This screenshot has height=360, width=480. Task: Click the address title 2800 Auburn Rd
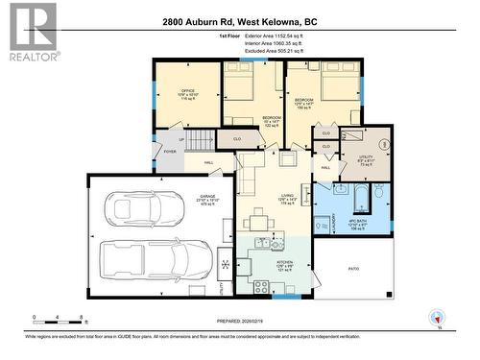(240, 22)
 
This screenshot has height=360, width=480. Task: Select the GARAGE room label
(207, 200)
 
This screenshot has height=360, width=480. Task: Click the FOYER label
(170, 151)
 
